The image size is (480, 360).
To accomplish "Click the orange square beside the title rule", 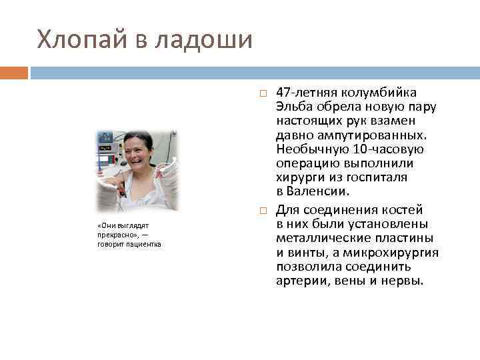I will click(14, 72).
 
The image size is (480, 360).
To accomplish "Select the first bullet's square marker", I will click(263, 93).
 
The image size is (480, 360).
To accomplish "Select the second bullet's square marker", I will click(263, 211).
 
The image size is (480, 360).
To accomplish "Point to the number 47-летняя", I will click(309, 92).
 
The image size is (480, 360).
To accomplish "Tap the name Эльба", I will click(295, 107).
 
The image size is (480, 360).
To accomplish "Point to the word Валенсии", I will click(319, 192).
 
